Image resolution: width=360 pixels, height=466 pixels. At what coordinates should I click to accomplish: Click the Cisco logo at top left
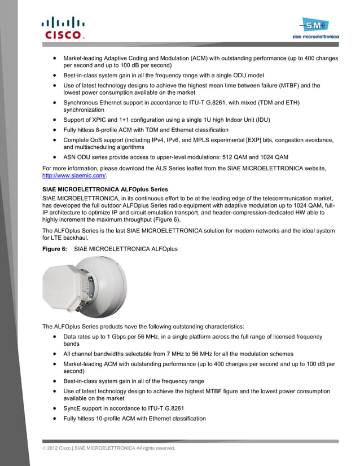(62, 28)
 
